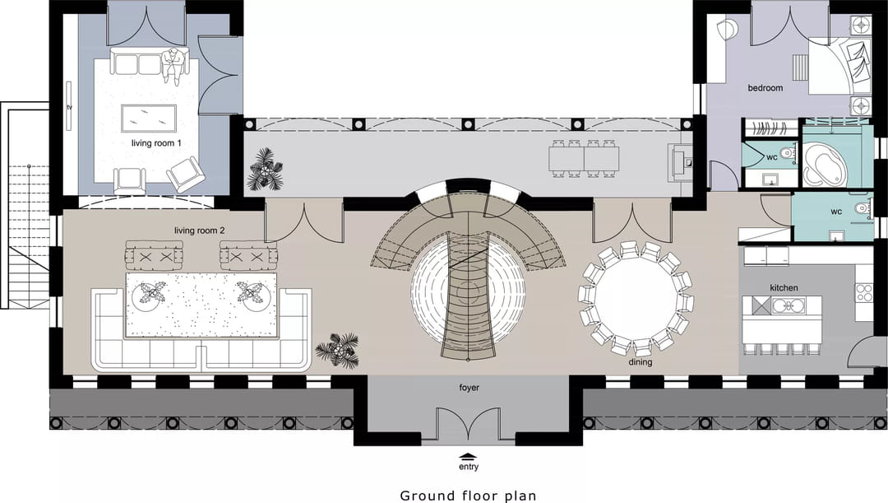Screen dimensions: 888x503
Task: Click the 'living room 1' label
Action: (x=156, y=143)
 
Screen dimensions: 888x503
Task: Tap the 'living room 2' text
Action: (x=199, y=231)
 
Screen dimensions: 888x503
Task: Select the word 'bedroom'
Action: (x=765, y=88)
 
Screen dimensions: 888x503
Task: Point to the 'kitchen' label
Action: (x=784, y=288)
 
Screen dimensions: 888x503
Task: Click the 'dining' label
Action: (x=640, y=361)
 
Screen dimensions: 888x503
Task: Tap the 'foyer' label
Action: (x=469, y=387)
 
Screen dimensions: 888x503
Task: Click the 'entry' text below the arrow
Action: (x=469, y=467)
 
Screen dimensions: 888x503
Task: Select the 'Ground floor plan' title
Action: (x=468, y=496)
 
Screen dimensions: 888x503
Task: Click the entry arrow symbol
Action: (x=468, y=456)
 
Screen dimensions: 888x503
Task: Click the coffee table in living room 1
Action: (x=149, y=118)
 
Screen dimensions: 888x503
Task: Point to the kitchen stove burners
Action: (x=864, y=292)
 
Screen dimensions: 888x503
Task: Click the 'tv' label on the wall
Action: (x=70, y=107)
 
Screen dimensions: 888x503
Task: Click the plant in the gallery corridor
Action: (x=264, y=169)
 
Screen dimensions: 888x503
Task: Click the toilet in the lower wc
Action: (x=862, y=208)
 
